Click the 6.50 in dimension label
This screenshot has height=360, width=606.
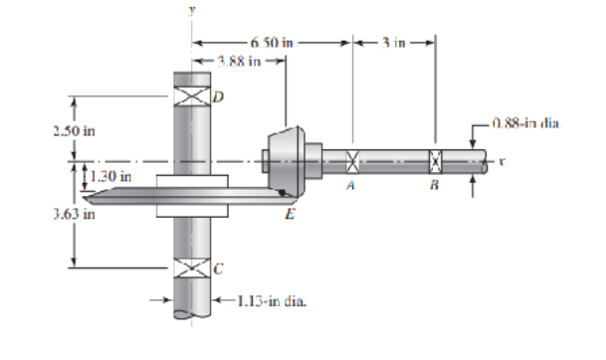click(272, 42)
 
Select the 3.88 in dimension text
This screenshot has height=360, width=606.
click(239, 62)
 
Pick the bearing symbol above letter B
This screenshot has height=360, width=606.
click(434, 159)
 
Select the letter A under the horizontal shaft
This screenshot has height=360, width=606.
click(351, 184)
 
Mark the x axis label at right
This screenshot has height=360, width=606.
click(504, 159)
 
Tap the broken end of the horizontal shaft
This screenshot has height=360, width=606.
click(484, 160)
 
